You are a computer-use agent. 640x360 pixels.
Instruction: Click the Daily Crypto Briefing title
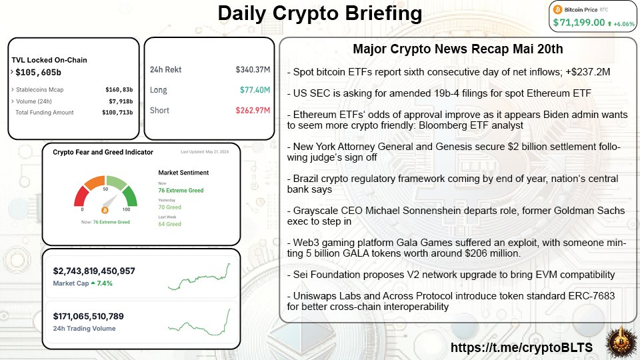point(320,14)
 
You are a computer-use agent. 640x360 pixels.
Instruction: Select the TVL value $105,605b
point(38,72)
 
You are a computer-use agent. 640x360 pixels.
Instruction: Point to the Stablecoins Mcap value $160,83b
point(119,89)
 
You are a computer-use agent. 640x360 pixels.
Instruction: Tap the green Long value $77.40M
point(253,90)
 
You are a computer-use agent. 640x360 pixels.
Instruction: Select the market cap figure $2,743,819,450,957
point(94,271)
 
